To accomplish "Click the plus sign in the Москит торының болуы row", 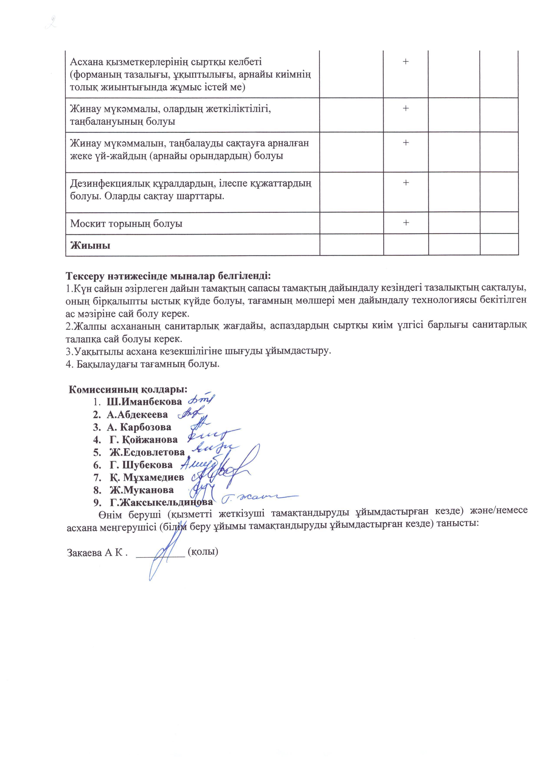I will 406,223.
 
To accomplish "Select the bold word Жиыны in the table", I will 90,245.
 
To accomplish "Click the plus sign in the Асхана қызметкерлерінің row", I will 406,61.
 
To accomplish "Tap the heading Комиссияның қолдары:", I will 128,389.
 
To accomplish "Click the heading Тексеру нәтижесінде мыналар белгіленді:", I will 168,276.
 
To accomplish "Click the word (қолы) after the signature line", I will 203,552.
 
